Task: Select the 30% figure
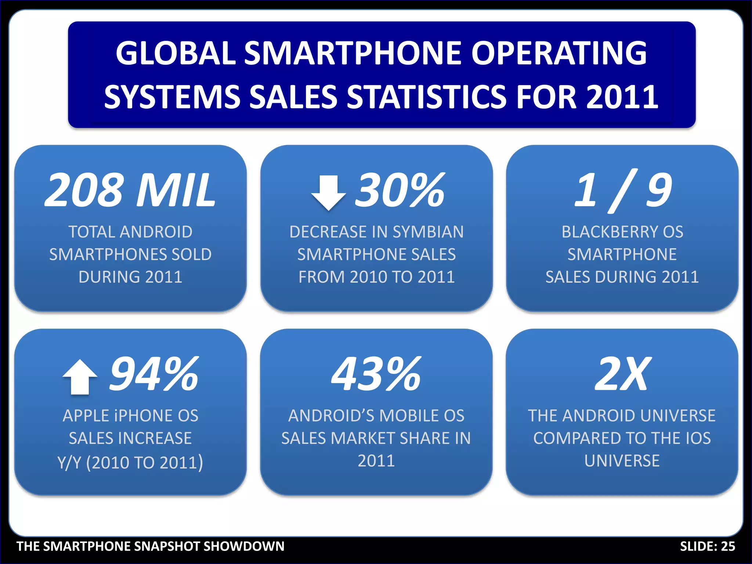tap(400, 190)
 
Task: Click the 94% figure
tap(154, 374)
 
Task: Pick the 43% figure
tap(376, 374)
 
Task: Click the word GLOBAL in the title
tap(176, 53)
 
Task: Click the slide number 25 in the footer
tap(728, 546)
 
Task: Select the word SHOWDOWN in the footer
tap(244, 546)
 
